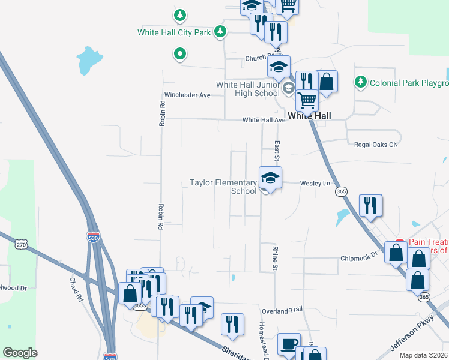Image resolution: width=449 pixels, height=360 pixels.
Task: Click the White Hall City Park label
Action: (x=174, y=32)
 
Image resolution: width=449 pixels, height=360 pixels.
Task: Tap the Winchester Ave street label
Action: (x=187, y=95)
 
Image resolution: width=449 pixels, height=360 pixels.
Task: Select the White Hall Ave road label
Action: (x=264, y=120)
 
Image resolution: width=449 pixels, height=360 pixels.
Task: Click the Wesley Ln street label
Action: (x=315, y=183)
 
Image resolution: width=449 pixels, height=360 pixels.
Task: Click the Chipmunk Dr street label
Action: (x=358, y=257)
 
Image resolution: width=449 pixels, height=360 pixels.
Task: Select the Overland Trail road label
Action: (x=282, y=311)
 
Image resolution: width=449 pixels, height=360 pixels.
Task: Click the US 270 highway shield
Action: (x=22, y=245)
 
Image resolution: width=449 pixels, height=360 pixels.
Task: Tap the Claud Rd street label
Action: (x=75, y=289)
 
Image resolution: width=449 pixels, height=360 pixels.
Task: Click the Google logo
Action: (x=20, y=353)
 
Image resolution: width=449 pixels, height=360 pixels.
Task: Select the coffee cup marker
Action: (x=289, y=344)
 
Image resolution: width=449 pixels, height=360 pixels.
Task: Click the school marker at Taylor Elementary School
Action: (x=270, y=178)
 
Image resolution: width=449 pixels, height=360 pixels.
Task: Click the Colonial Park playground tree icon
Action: (x=361, y=81)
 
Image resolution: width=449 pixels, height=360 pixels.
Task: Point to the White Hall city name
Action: (x=310, y=116)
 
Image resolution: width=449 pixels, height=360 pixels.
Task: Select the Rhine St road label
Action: (x=277, y=257)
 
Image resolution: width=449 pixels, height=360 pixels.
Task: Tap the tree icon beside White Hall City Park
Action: (x=221, y=31)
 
